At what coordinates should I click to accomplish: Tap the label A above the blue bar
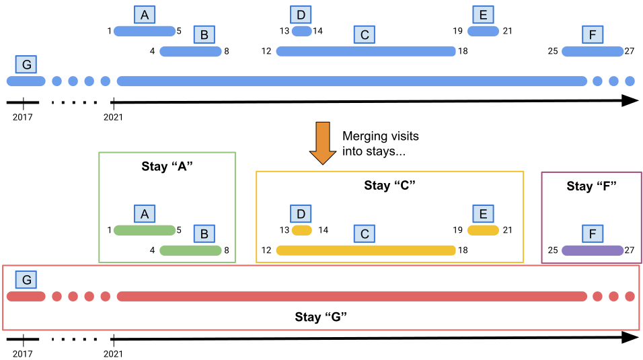point(145,15)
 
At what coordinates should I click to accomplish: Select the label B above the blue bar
point(204,34)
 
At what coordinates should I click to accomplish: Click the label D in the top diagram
point(301,15)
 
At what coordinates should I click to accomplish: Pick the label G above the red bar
point(26,280)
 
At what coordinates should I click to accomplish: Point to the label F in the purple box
point(593,233)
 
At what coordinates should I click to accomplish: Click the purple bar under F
point(593,250)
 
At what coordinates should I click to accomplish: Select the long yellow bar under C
point(366,250)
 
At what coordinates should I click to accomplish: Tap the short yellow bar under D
point(301,230)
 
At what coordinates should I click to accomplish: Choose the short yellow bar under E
point(483,230)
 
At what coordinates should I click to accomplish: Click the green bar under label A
point(145,230)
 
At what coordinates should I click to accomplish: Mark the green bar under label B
point(190,250)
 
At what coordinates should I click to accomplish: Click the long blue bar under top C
point(366,51)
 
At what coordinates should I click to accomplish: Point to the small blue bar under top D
point(301,31)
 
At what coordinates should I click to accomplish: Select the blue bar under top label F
point(593,51)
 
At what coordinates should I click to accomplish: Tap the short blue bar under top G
point(26,81)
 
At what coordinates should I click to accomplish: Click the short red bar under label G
point(26,296)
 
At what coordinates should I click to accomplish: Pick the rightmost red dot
point(630,296)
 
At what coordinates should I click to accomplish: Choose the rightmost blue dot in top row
point(630,81)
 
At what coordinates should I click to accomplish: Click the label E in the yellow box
point(483,214)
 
